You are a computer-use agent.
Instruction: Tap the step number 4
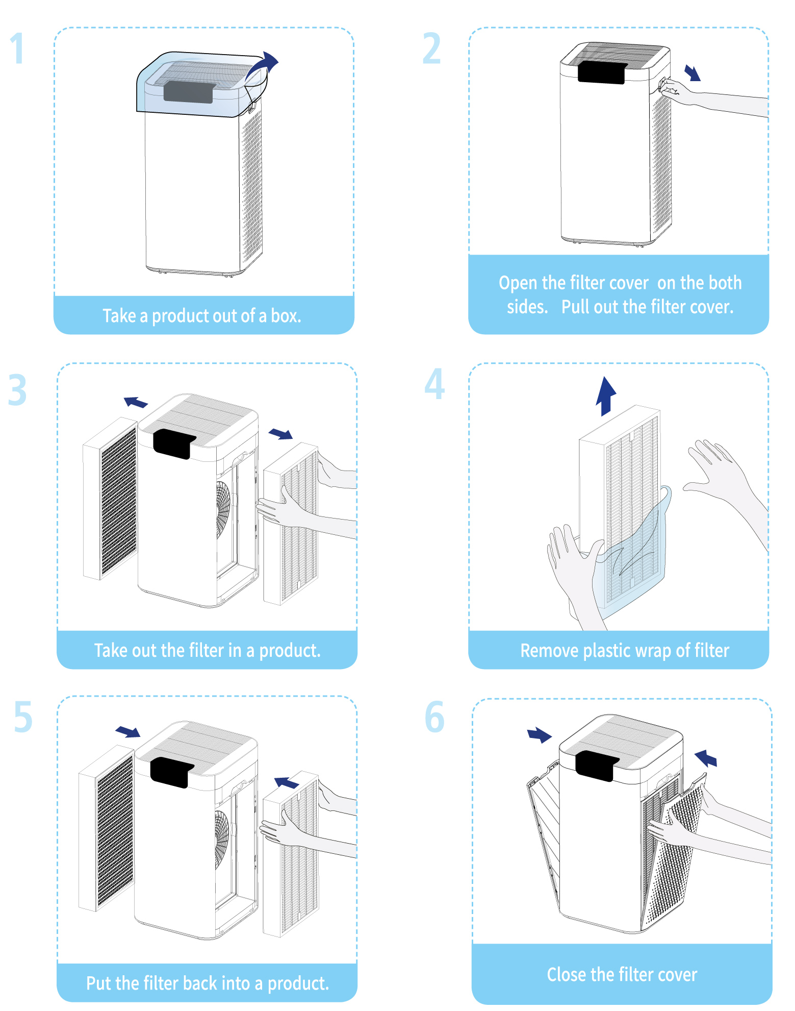434,384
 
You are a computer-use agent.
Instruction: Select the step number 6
434,717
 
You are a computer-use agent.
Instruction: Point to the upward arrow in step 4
606,396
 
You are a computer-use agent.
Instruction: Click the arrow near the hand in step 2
693,72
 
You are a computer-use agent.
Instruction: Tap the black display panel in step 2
601,72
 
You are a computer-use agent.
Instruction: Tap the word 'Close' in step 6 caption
566,975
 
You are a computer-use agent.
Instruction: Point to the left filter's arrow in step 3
136,402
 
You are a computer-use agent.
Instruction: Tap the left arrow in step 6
539,735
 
